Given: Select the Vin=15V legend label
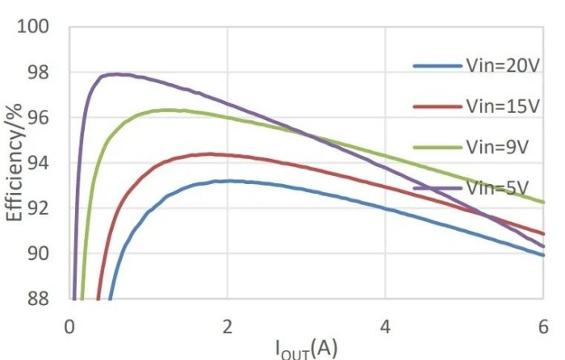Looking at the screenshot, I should (x=502, y=106).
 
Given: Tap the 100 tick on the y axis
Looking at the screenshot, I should (x=34, y=27).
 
